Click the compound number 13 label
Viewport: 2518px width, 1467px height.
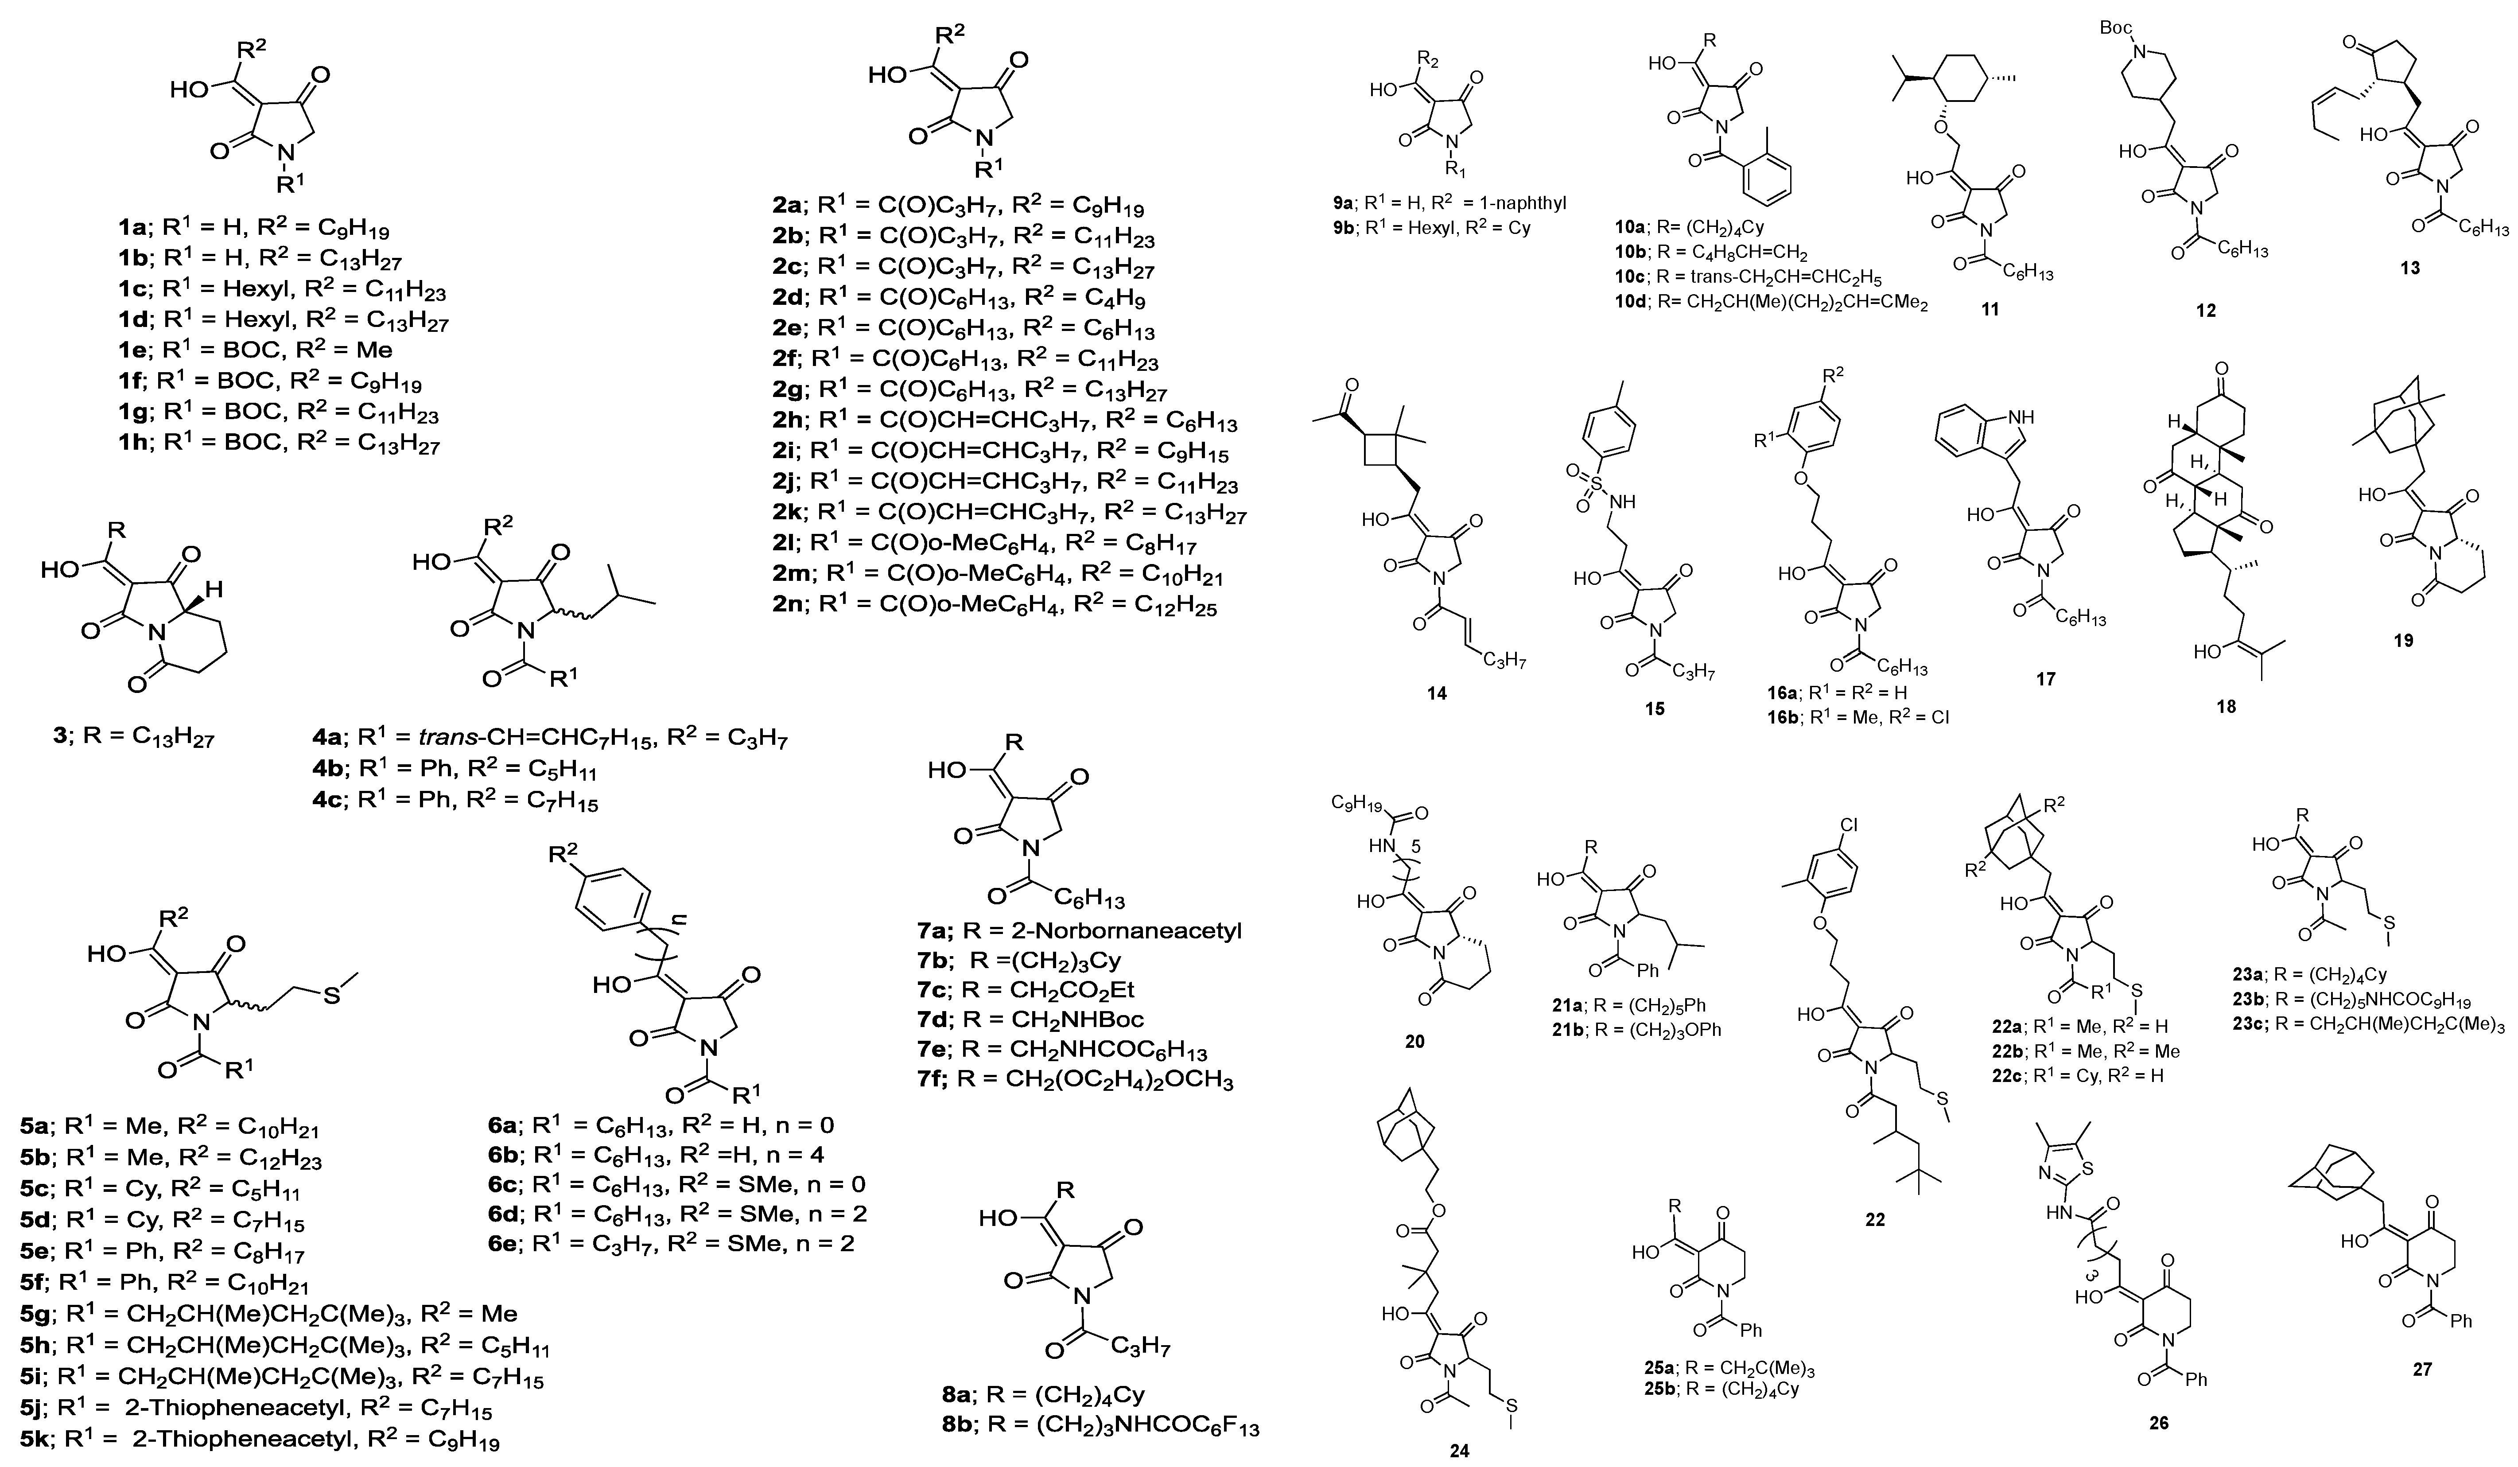click(x=2410, y=268)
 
